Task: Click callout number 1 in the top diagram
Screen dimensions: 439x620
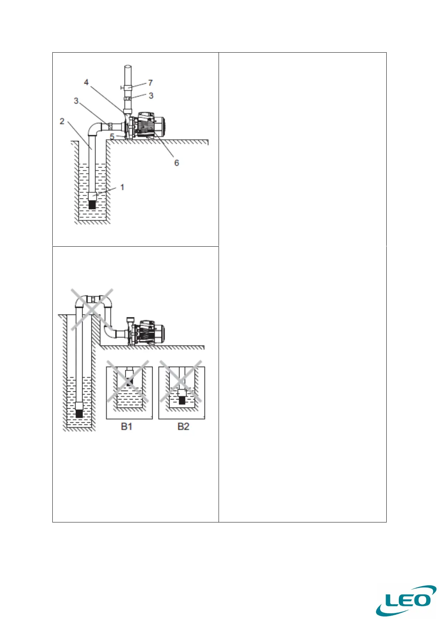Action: tap(122, 187)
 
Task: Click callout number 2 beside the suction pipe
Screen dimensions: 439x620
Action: tap(62, 121)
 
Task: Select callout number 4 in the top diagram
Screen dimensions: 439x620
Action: tap(86, 82)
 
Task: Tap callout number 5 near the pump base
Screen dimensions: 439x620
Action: tap(112, 137)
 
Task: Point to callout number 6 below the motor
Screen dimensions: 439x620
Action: tap(177, 163)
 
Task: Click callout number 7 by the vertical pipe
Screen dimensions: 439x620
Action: tap(150, 83)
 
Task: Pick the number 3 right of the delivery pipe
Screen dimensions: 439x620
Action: tap(151, 96)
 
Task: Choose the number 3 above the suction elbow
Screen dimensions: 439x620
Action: tap(76, 101)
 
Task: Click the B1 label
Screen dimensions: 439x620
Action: tap(127, 426)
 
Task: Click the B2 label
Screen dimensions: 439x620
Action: tap(183, 426)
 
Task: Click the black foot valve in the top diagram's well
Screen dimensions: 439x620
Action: tap(92, 205)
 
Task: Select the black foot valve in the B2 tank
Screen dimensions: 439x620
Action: tap(182, 400)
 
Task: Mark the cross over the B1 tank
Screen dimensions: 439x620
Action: tap(128, 382)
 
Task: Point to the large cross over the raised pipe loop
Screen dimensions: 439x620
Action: tap(92, 309)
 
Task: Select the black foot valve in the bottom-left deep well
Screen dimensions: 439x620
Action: tap(79, 413)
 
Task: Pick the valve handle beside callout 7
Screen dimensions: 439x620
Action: tap(121, 88)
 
